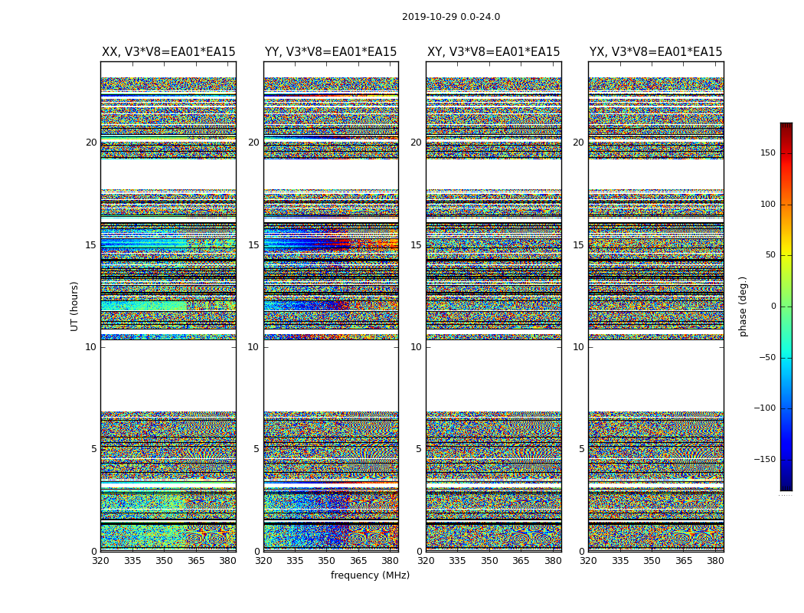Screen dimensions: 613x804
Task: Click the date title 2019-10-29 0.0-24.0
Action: coord(451,17)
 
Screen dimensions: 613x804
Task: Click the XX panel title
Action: coord(168,52)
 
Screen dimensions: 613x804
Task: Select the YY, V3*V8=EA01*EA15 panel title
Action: coord(331,52)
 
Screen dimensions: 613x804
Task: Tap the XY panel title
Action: coord(493,52)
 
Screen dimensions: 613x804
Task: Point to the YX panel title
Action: coord(655,52)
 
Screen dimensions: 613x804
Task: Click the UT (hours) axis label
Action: coord(75,306)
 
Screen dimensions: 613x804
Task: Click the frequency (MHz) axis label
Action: coord(370,575)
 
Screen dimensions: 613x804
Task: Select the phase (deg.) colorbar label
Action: coord(743,306)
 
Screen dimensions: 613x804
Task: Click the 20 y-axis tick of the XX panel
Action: coord(91,143)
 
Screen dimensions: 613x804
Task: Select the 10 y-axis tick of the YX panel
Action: coord(578,347)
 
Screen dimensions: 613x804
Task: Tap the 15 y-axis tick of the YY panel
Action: coord(253,245)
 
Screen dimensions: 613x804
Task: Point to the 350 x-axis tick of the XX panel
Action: coord(164,561)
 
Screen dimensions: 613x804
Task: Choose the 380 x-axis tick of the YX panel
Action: coord(715,561)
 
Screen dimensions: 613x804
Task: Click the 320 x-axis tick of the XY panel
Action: coord(426,561)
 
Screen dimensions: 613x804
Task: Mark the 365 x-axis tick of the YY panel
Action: coord(358,561)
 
